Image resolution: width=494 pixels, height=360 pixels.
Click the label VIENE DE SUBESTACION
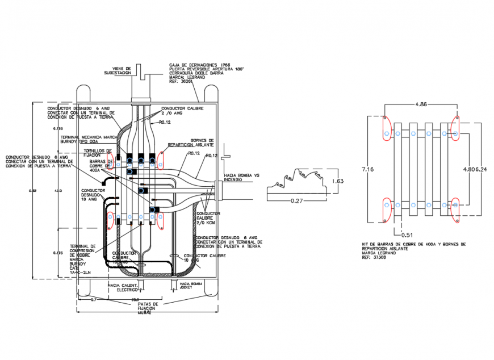coord(118,71)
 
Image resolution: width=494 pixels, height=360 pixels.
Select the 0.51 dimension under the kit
coord(407,235)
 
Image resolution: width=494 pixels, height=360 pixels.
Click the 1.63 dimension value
coord(338,181)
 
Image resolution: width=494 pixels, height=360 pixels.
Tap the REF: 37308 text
coord(374,257)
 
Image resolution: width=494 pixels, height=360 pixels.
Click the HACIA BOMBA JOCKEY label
coord(191,285)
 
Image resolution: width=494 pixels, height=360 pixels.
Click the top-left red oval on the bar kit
coord(386,128)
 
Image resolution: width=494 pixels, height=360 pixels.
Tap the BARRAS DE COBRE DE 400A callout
coord(102,165)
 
